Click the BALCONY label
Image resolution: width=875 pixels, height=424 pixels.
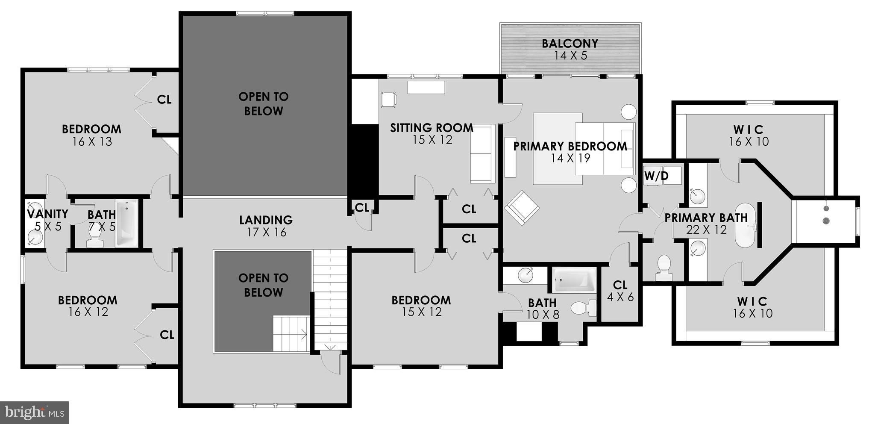[570, 44]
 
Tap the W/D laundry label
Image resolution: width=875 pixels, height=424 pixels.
[656, 176]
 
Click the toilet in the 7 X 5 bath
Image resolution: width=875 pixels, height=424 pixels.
[94, 241]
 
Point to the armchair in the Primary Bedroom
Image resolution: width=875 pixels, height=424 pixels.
[522, 208]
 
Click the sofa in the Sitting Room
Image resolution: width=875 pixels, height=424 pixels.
[482, 154]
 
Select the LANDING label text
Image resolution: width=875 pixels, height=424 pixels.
[266, 220]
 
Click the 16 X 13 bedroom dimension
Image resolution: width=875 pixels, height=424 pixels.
[92, 142]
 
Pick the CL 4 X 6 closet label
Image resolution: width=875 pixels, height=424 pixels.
[620, 291]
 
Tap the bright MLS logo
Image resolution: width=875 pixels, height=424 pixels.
[34, 412]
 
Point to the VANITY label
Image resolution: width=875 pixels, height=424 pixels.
[47, 214]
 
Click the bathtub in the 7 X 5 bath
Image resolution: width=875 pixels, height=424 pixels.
[126, 224]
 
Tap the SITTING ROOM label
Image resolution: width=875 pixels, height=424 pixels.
[432, 128]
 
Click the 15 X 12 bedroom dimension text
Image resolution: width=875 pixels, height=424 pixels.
[421, 312]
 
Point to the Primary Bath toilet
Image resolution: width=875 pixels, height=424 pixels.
[664, 268]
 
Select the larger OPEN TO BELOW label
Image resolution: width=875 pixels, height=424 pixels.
[264, 104]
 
